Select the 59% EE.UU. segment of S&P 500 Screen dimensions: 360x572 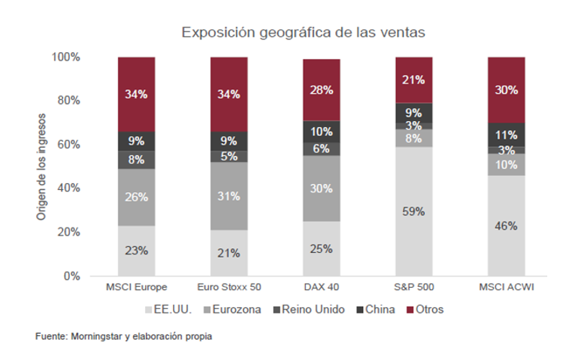point(413,211)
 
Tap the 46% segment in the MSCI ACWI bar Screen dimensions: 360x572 point(506,226)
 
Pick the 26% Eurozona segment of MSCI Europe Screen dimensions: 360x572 point(136,197)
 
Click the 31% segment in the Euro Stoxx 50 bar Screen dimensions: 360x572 point(229,195)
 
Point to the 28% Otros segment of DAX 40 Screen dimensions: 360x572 point(321,90)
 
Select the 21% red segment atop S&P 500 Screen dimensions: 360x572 point(413,80)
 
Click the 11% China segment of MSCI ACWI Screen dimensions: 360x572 point(506,134)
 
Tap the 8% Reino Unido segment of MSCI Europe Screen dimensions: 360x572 point(136,159)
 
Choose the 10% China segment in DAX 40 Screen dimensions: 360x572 point(321,131)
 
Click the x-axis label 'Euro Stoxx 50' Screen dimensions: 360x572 point(229,288)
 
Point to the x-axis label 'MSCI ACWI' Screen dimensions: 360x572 point(506,288)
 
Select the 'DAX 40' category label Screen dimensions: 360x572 point(321,288)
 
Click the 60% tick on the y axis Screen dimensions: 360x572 point(67,145)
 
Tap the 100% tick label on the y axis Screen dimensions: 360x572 point(65,57)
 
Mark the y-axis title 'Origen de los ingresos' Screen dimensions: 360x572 point(41,167)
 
